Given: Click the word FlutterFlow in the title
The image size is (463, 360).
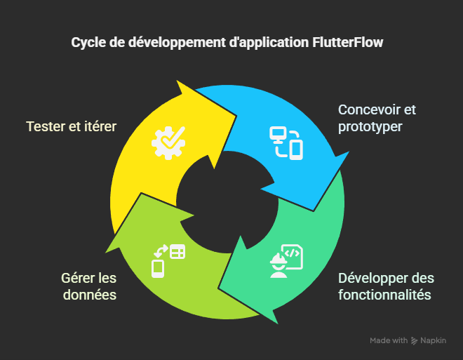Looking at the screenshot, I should click(x=347, y=42).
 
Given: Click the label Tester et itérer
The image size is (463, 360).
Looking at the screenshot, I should click(x=71, y=126).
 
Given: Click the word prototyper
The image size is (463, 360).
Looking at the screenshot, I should click(x=370, y=127).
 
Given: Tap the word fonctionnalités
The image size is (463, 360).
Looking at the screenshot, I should click(x=384, y=294).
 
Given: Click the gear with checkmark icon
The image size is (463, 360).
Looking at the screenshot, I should click(x=168, y=140).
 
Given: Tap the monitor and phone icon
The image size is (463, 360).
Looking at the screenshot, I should click(x=286, y=141).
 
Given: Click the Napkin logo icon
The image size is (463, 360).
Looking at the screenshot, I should click(x=415, y=341).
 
